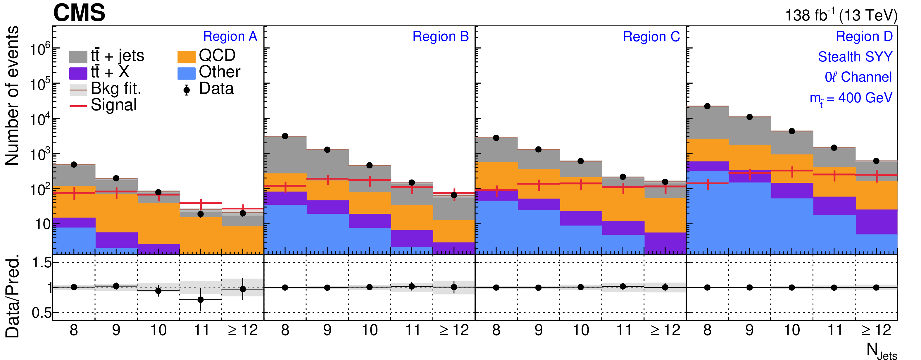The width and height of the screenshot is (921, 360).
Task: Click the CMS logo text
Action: tap(79, 13)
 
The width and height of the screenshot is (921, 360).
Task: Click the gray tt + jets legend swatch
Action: tap(78, 57)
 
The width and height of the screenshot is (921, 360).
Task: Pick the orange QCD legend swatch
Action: tap(186, 57)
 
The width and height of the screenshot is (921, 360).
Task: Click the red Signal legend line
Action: tap(78, 106)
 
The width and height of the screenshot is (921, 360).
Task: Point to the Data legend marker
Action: tap(186, 90)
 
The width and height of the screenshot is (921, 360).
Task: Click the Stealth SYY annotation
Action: tap(855, 57)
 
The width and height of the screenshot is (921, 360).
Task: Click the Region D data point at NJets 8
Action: tap(707, 106)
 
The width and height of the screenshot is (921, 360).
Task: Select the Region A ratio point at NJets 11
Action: tap(201, 299)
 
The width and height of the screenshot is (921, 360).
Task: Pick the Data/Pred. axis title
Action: tap(13, 296)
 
